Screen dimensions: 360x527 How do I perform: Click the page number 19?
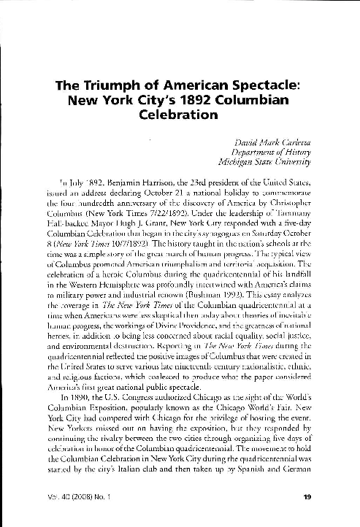307,499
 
